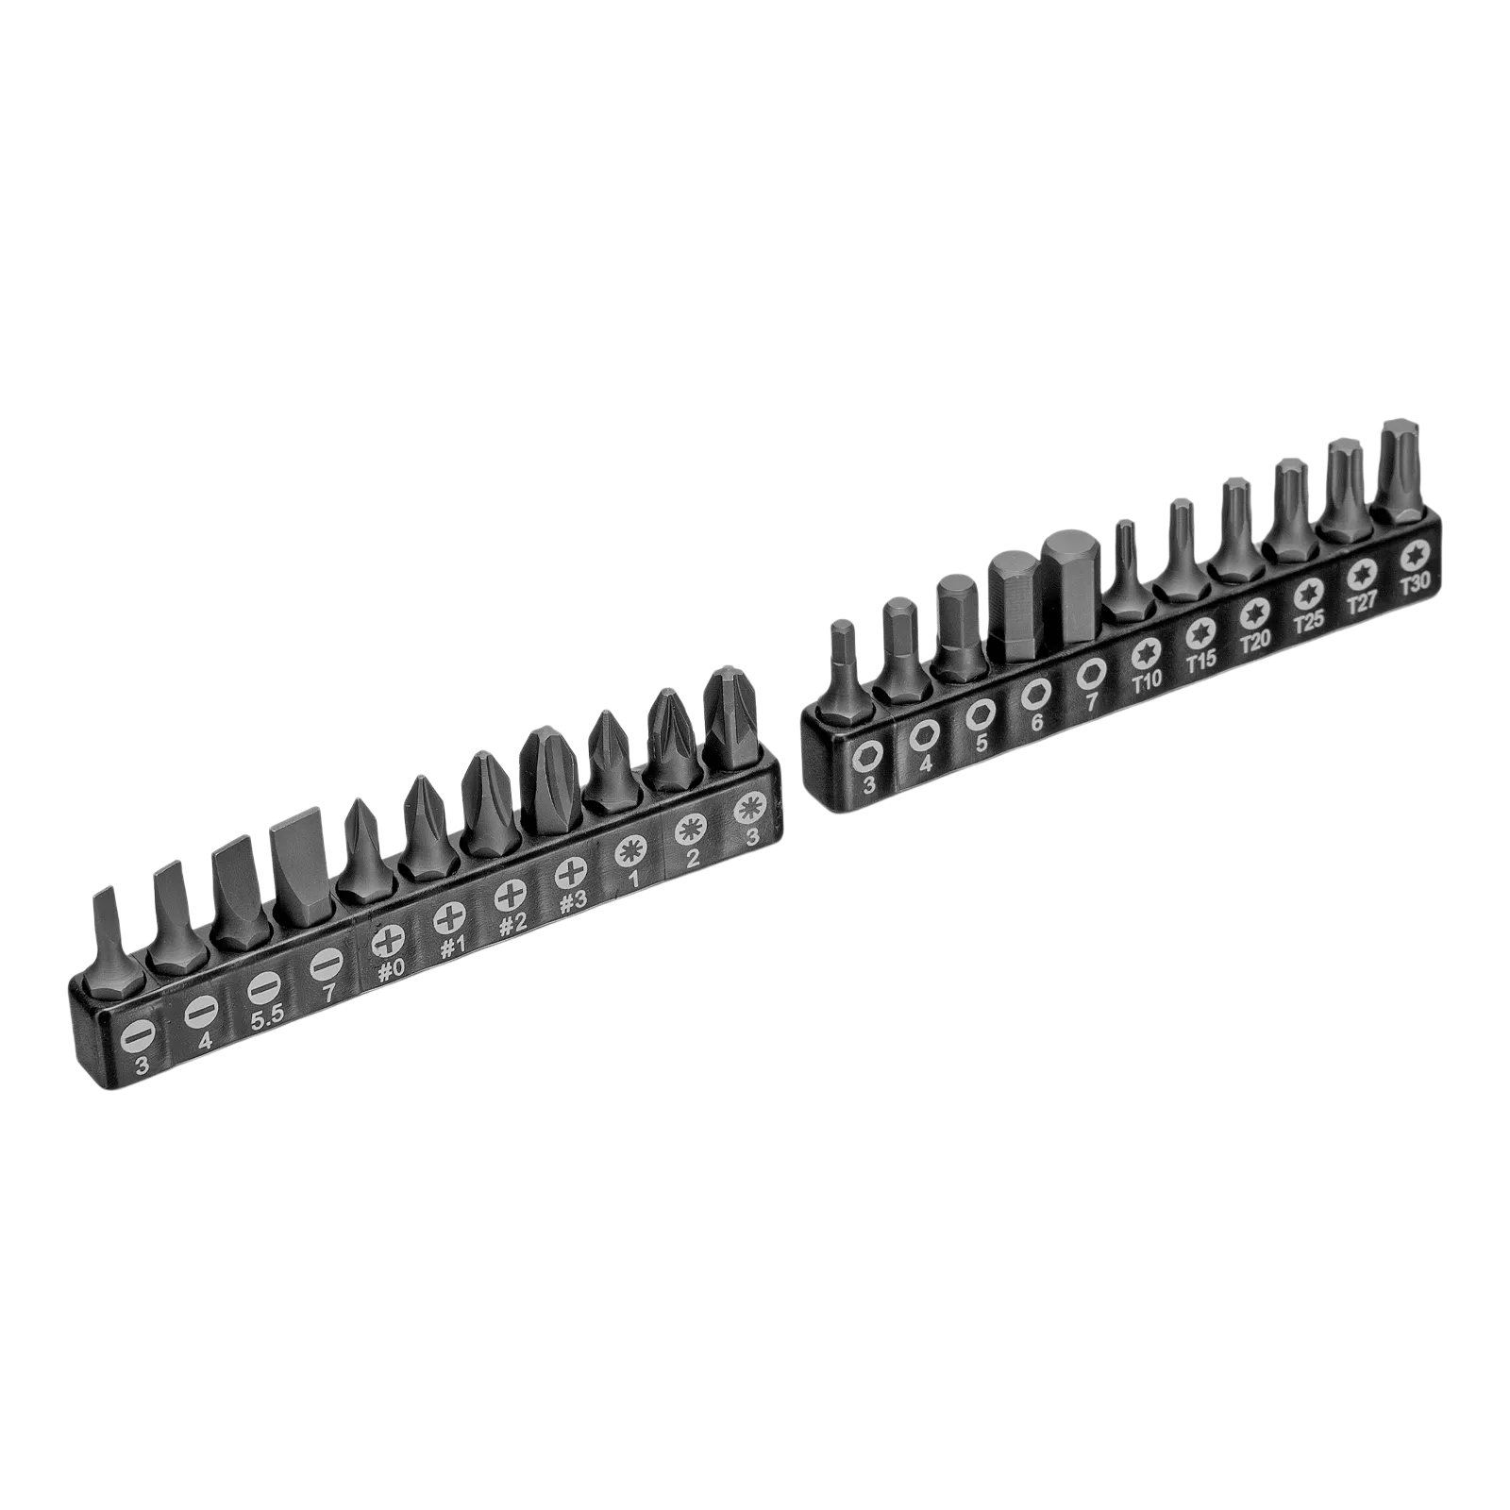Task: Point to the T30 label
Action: click(x=1415, y=583)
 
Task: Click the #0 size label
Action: click(x=391, y=970)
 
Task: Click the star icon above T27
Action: click(x=1360, y=572)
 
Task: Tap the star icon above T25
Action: click(x=1307, y=591)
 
